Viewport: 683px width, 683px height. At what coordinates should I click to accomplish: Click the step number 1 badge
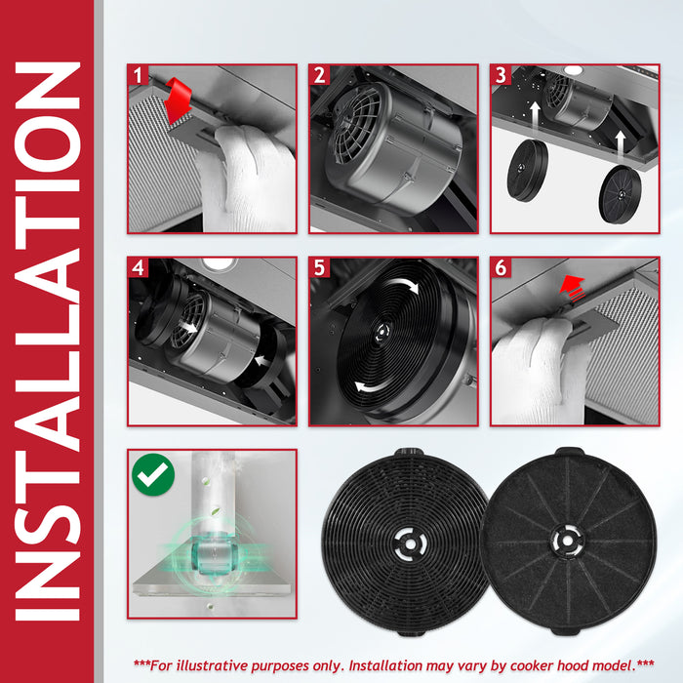[139, 75]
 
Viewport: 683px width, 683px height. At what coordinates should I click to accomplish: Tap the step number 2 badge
[319, 75]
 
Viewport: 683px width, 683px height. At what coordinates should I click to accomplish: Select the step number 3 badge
[501, 75]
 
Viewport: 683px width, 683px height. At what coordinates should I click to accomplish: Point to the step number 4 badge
[139, 267]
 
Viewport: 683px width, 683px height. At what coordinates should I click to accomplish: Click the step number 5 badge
[319, 267]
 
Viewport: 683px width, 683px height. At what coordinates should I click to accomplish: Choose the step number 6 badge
[501, 267]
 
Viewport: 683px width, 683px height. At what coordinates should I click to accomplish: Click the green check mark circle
[153, 474]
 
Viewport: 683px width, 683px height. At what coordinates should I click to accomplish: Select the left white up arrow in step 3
[536, 115]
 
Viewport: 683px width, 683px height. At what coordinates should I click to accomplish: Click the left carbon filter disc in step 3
[528, 171]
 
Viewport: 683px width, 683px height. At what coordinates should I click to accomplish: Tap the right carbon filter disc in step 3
[620, 194]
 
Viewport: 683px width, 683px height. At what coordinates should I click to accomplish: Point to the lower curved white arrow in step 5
[374, 384]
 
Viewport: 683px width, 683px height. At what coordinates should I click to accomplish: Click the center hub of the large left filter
[410, 543]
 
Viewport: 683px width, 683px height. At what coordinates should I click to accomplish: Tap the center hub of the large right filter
[567, 541]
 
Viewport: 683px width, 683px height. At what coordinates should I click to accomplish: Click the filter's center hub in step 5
[382, 332]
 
